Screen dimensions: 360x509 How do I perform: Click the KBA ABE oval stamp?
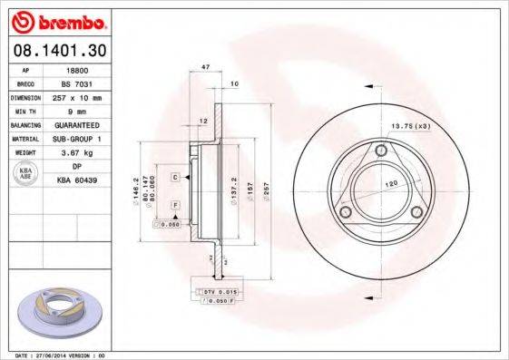[x=24, y=173]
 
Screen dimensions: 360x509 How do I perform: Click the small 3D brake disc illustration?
[x=55, y=313]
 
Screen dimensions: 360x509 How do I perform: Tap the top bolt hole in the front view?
[x=381, y=150]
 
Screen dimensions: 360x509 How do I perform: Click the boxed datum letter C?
[x=175, y=177]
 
